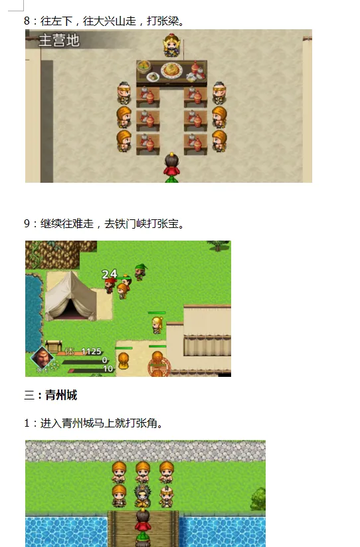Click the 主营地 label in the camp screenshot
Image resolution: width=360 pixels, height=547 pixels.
point(59,41)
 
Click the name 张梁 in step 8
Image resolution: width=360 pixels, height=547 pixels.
point(169,21)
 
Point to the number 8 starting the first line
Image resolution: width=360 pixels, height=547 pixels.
point(27,21)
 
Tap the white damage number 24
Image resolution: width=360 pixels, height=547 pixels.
point(110,273)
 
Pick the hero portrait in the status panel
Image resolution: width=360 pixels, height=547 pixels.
point(42,358)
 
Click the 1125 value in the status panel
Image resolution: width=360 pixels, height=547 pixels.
point(91,351)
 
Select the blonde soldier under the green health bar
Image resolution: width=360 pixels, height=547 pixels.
point(157,324)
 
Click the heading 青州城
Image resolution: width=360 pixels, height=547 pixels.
point(61,395)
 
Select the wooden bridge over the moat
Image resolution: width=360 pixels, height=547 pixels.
point(143,529)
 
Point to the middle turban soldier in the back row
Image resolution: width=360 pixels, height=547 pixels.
point(143,471)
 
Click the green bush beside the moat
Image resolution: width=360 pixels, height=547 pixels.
point(258,498)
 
